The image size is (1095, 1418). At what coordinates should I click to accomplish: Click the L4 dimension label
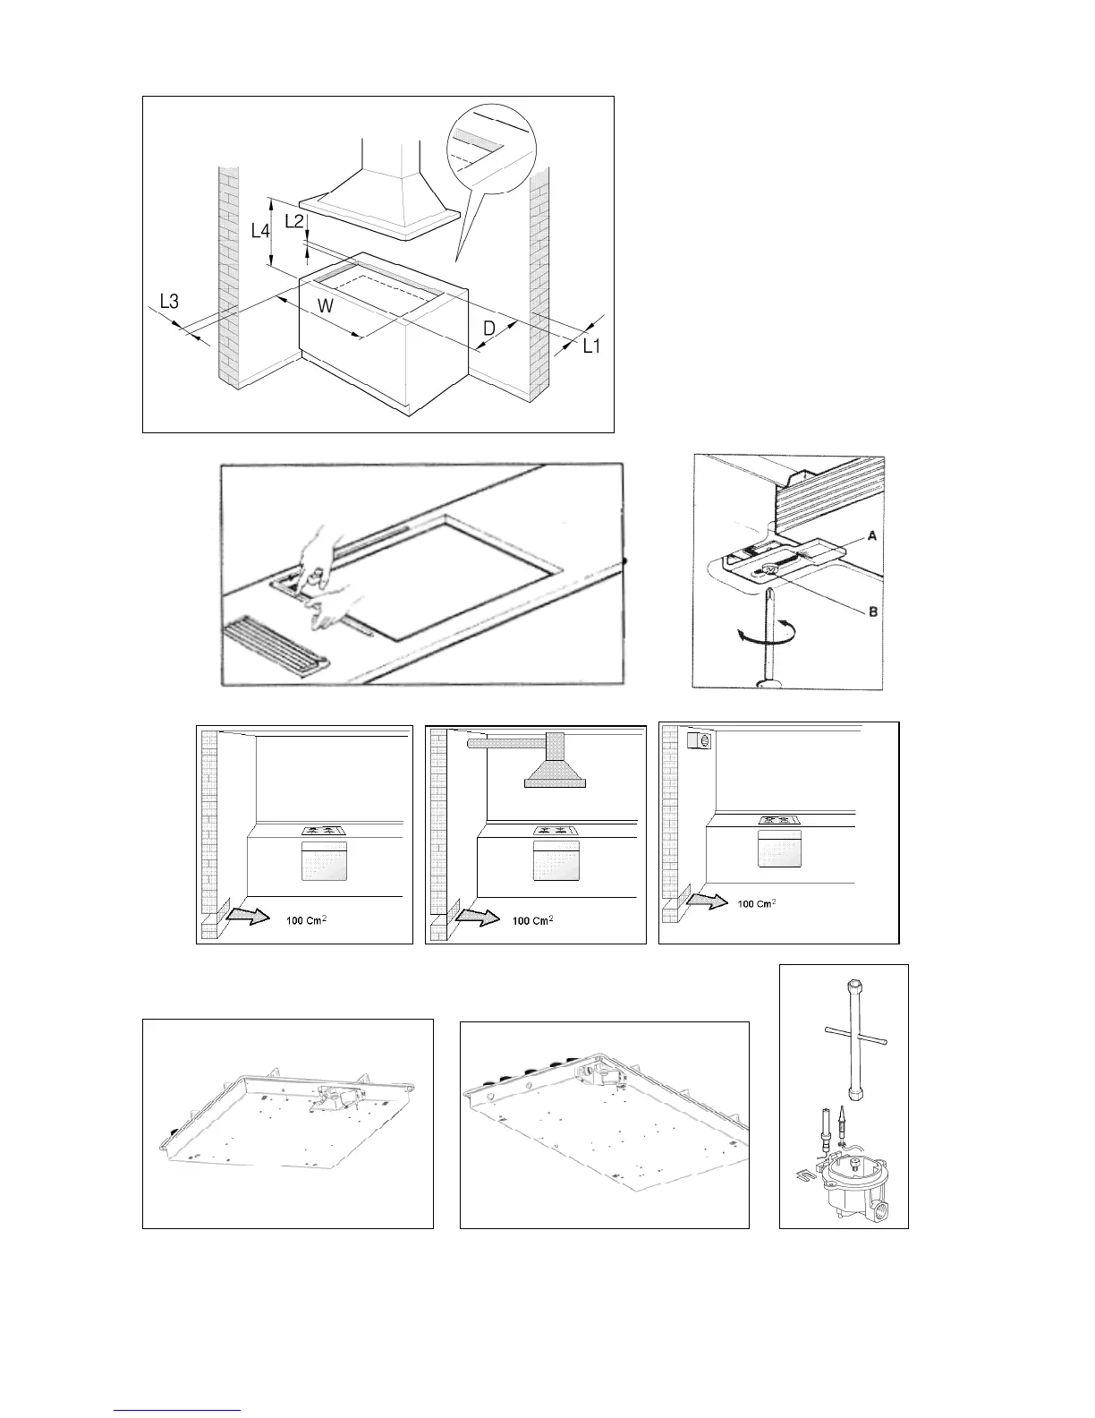click(x=259, y=231)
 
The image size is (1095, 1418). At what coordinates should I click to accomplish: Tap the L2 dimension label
click(x=293, y=221)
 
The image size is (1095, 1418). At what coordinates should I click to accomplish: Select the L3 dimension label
click(x=169, y=303)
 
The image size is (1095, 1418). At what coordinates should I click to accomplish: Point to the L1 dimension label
click(x=591, y=346)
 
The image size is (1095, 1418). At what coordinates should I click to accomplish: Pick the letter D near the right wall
click(x=489, y=329)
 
